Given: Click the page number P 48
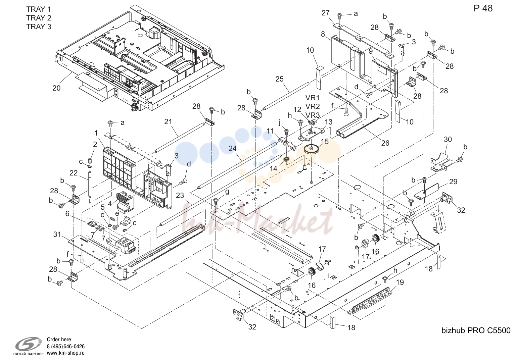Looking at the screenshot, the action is (x=483, y=8).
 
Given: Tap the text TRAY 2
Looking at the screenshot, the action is (x=39, y=18).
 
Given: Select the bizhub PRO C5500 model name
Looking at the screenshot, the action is (x=476, y=330).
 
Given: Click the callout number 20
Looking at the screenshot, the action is (x=56, y=88).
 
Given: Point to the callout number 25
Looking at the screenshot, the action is (x=279, y=79).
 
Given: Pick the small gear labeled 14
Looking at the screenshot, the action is (x=286, y=159).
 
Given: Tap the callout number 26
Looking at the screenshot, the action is (x=385, y=143).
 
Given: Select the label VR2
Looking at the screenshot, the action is (x=312, y=107).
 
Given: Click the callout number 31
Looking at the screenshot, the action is (x=57, y=235).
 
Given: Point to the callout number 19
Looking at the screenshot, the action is (x=400, y=282).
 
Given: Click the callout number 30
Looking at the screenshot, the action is (x=448, y=140).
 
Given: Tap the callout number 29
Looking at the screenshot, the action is (x=453, y=182).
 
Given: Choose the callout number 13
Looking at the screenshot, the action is (x=328, y=122).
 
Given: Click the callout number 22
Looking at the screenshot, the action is (x=74, y=173).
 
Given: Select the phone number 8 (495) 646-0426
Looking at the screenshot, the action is (x=66, y=346).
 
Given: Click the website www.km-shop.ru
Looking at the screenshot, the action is (x=66, y=353).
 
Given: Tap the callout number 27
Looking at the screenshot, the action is (x=325, y=13).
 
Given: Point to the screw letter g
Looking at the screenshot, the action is (x=227, y=192).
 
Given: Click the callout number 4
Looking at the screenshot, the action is (x=110, y=204).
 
